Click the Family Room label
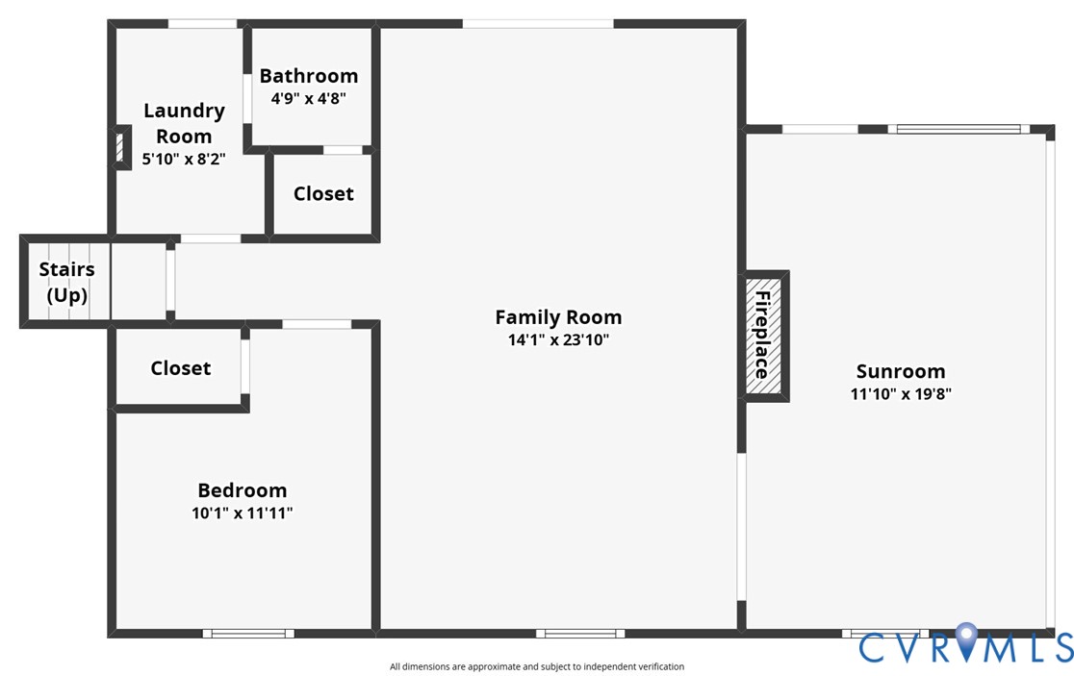pos(558,317)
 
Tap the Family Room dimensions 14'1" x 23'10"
pos(558,339)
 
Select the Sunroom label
pos(901,371)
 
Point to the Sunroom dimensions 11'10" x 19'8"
pos(901,393)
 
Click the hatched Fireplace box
pos(764,336)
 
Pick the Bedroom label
pos(242,490)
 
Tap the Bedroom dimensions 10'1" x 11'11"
pos(242,513)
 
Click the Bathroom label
pos(308,76)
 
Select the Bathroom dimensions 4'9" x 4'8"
pos(308,98)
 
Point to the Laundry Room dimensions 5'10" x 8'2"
pos(184,159)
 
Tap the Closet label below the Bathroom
pos(323,193)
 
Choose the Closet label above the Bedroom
pos(180,368)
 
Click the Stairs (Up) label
pos(66,283)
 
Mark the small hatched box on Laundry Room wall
pos(120,148)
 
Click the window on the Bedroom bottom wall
pos(248,633)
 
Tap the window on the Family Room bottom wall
pos(580,633)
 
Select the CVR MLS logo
pos(965,645)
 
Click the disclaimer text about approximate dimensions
pos(537,666)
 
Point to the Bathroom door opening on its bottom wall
pos(343,150)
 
